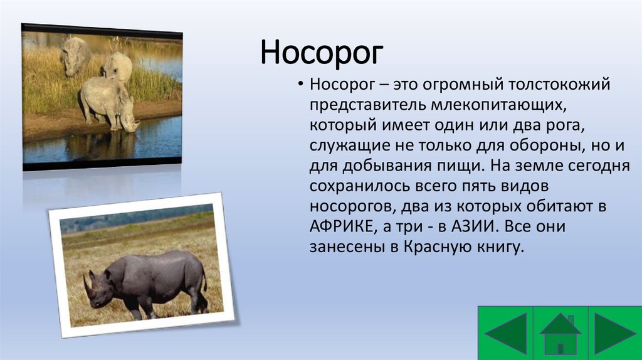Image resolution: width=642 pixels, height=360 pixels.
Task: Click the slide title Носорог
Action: (x=322, y=53)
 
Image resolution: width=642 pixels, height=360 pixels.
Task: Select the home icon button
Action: (x=560, y=334)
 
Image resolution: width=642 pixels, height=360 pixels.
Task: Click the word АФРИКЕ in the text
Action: (x=342, y=226)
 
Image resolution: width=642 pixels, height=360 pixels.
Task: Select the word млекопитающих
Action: (x=498, y=105)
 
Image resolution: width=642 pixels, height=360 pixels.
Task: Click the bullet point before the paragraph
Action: (x=301, y=85)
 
